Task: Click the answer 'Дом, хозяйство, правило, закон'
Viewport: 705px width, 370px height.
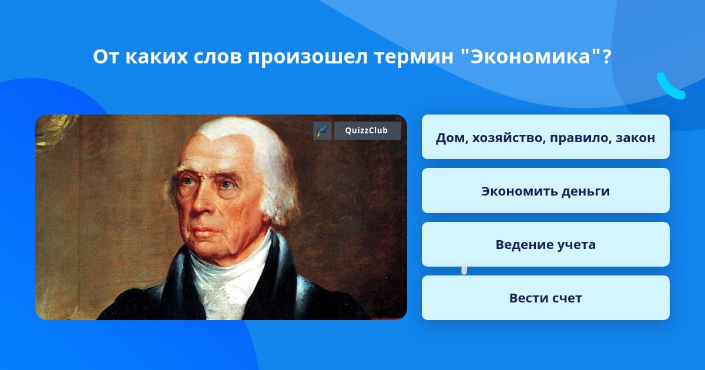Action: [x=545, y=137]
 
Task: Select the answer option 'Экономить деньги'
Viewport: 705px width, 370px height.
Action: [x=545, y=191]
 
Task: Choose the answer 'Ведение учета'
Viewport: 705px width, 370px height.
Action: [x=545, y=244]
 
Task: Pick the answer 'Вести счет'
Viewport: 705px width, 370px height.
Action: [x=545, y=298]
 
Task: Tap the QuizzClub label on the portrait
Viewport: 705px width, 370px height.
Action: [x=367, y=130]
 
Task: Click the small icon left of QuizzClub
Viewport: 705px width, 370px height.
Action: [x=323, y=130]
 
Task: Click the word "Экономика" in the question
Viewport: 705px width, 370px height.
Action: [x=530, y=56]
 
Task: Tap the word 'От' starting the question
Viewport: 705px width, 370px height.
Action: [x=106, y=57]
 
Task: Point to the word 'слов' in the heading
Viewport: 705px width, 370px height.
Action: [x=217, y=57]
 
